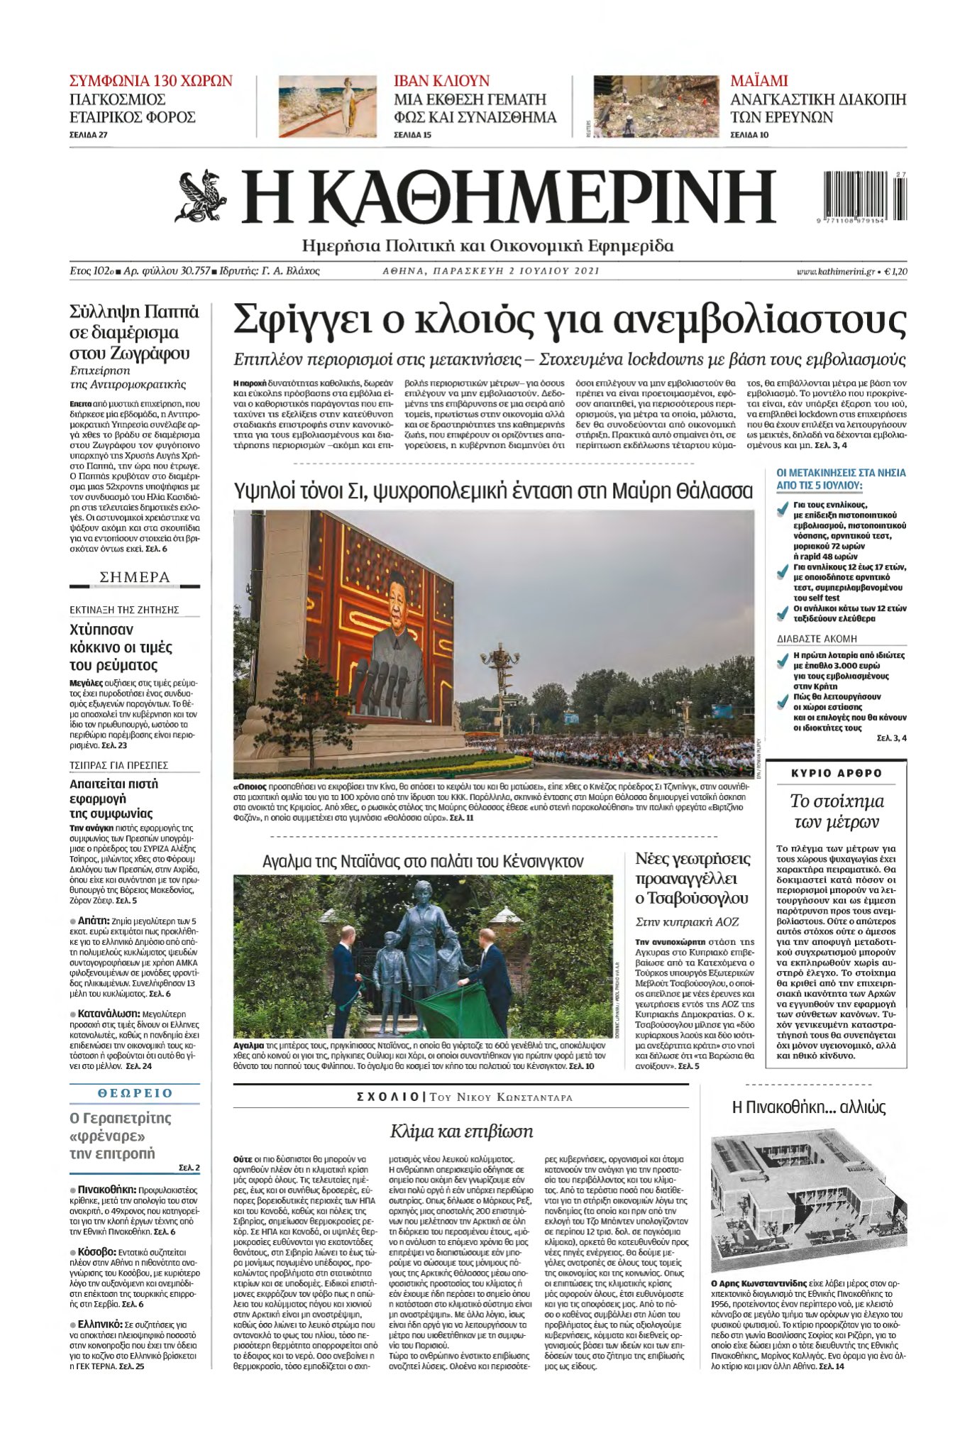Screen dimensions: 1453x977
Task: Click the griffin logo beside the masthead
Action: (x=201, y=197)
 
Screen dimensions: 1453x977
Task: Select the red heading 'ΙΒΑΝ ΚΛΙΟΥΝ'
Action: (x=441, y=81)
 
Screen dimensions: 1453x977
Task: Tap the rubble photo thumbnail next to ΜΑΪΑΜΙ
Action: (x=646, y=106)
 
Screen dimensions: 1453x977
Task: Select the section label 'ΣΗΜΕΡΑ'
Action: (x=135, y=577)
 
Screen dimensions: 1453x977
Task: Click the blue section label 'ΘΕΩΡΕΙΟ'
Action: (x=135, y=1092)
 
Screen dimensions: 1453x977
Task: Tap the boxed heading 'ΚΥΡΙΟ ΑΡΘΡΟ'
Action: (x=837, y=773)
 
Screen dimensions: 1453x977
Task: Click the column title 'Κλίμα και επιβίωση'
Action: (x=461, y=1131)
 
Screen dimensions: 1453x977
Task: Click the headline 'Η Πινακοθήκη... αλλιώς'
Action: (x=808, y=1107)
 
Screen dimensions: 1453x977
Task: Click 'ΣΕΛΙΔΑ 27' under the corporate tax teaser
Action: (x=89, y=135)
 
